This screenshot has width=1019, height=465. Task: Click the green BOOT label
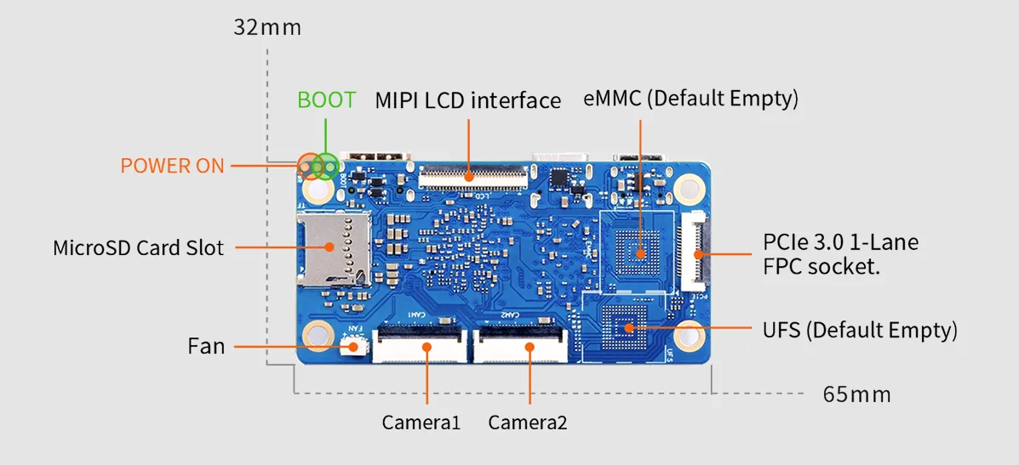click(327, 99)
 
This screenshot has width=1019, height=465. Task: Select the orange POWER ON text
click(172, 166)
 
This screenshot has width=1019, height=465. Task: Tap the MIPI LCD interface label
click(468, 100)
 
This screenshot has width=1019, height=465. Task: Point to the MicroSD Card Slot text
click(139, 247)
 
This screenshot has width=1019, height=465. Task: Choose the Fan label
click(206, 346)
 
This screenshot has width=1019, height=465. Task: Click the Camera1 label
click(421, 422)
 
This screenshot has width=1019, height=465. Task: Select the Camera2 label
click(528, 422)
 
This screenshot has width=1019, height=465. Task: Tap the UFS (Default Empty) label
click(860, 330)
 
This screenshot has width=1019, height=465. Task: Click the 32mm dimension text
click(267, 29)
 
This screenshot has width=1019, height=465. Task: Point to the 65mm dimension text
click(856, 394)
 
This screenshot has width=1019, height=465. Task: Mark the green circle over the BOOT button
click(325, 167)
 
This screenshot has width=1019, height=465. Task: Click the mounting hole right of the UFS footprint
click(688, 335)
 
